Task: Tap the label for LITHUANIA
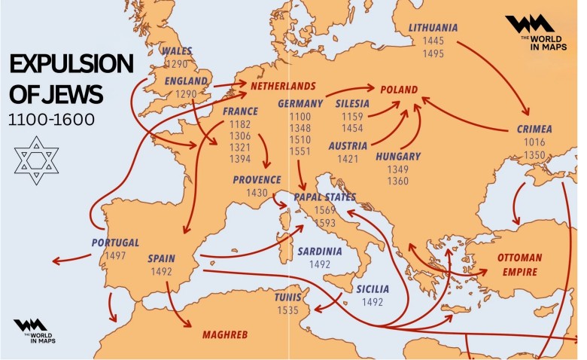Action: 433,28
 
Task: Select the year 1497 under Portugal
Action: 115,255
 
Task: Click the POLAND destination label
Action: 399,90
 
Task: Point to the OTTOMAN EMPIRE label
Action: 519,263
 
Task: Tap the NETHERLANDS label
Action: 283,86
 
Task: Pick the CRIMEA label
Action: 534,129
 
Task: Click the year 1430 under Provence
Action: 257,194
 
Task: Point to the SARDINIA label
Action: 319,251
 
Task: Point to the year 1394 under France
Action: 240,159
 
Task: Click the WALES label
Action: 177,51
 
